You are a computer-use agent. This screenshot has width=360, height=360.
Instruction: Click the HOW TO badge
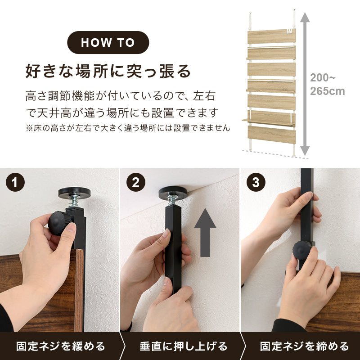[108, 43]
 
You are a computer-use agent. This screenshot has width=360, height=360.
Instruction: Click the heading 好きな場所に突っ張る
[108, 71]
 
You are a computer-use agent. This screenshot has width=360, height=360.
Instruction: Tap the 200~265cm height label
[327, 84]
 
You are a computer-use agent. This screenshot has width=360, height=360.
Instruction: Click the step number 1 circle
[15, 183]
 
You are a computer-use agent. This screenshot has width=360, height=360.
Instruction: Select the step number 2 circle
[135, 183]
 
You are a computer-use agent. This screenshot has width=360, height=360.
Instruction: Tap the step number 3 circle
[256, 183]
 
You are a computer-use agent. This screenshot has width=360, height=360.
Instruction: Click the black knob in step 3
[303, 249]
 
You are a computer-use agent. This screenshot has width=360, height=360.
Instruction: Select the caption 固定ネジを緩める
[60, 346]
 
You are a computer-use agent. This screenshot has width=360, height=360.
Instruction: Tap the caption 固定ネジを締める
[304, 346]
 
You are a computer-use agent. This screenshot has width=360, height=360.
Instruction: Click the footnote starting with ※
[128, 128]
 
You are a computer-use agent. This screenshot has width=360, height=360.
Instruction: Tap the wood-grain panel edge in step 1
[79, 288]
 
